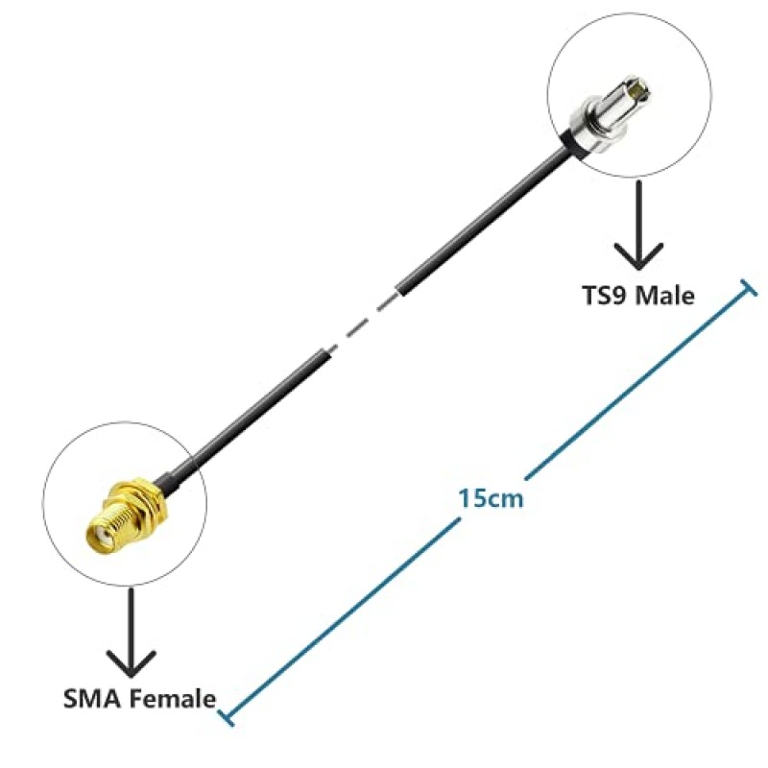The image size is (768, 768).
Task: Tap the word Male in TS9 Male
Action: point(662,296)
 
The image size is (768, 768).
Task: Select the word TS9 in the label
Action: point(605,296)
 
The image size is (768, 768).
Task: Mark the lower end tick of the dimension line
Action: point(224,716)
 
